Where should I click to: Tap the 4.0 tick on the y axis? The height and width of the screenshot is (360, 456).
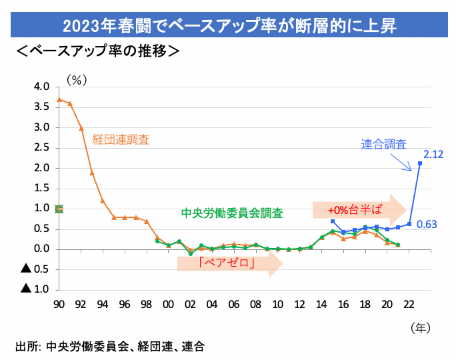41,87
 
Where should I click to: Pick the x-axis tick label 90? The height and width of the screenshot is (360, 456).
59,304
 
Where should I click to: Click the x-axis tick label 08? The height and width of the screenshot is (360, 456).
255,304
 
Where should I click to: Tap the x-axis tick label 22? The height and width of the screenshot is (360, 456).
408,304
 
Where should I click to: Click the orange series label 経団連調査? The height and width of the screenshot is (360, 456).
130,140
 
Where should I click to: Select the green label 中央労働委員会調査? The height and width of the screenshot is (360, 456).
232,213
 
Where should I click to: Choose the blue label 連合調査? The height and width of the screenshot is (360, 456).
384,143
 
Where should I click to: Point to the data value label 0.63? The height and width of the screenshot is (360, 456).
427,224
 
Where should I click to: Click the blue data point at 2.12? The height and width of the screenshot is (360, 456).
419,163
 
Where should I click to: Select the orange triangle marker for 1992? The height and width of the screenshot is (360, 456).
81,128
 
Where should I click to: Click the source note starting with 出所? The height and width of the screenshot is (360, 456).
109,347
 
